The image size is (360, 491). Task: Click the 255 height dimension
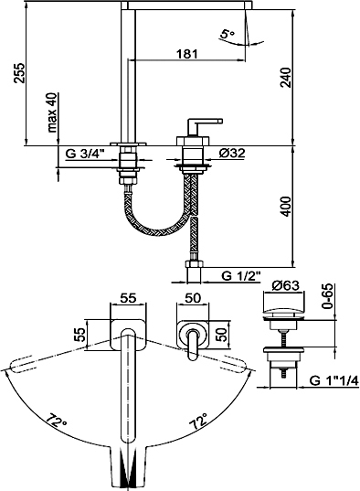(19, 73)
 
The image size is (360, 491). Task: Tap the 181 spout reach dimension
(187, 54)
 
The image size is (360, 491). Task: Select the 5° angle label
(228, 34)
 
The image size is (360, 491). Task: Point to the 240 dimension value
(285, 78)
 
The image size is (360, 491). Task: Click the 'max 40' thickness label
(52, 112)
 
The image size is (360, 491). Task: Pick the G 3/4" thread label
(85, 154)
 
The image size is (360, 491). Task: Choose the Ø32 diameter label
(232, 153)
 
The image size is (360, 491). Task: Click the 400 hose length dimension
(285, 207)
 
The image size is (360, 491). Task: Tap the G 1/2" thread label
(241, 276)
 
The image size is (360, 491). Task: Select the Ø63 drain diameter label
(285, 285)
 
